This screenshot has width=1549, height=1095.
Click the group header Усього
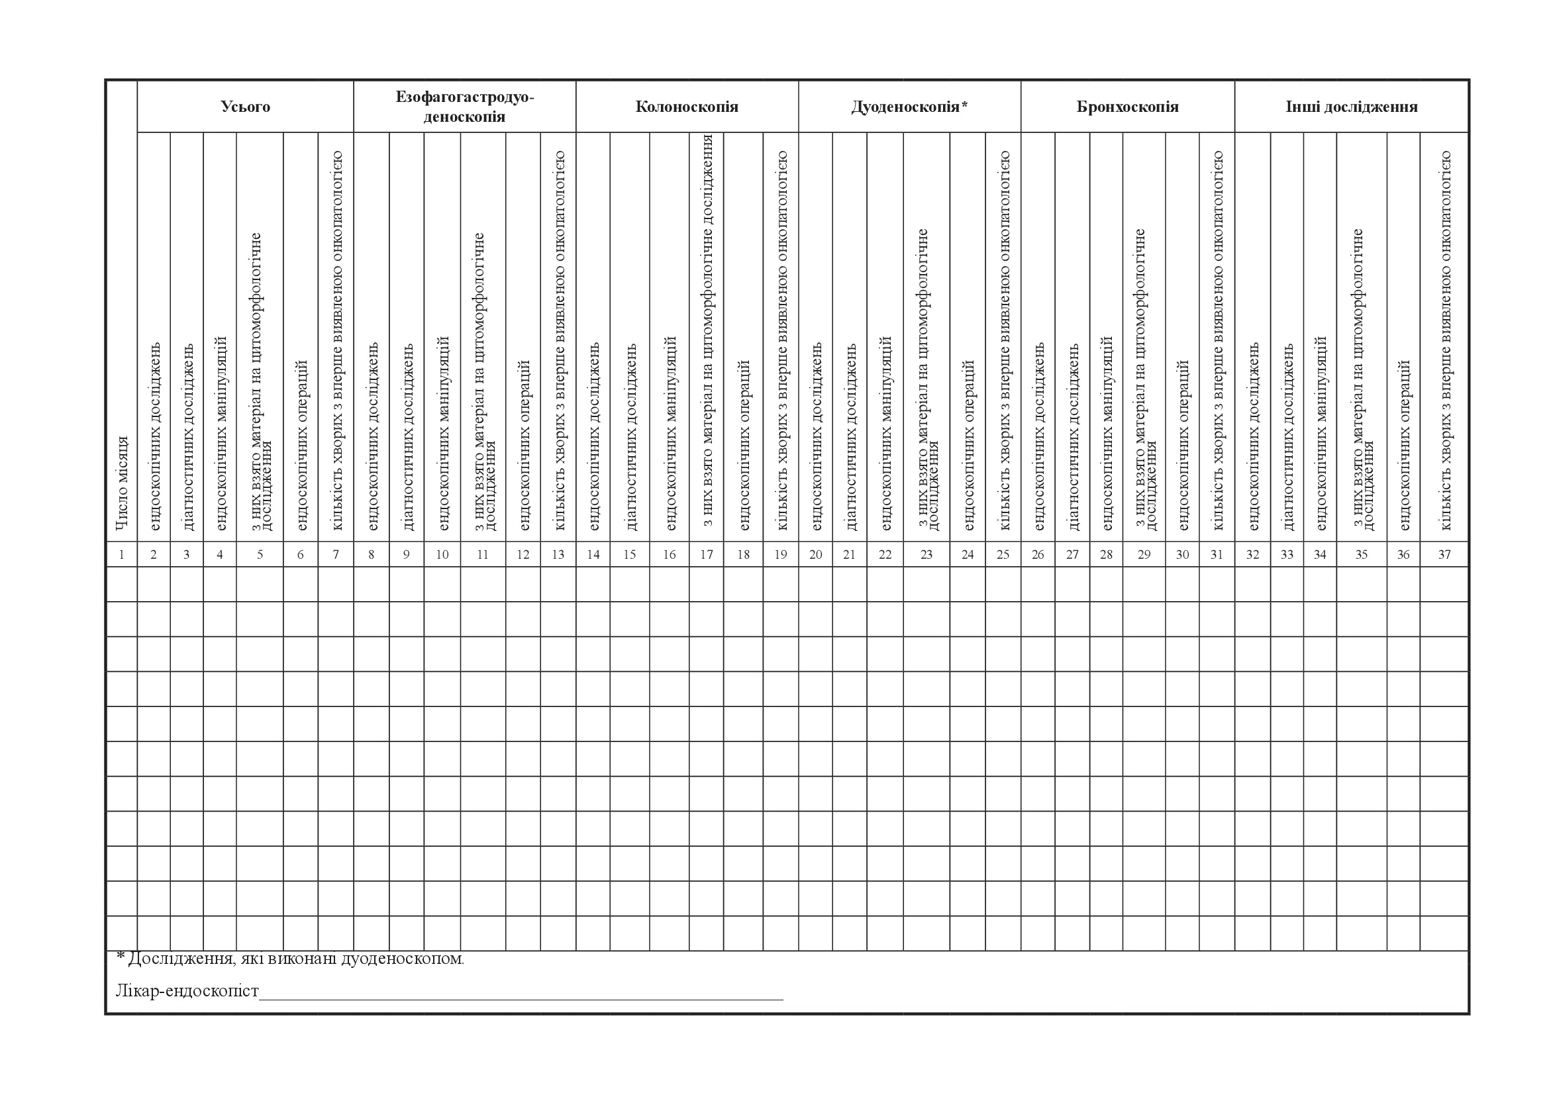tap(245, 107)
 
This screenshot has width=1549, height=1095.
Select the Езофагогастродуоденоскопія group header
tap(464, 107)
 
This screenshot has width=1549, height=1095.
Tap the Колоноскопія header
tap(687, 107)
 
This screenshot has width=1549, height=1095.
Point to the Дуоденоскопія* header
tap(909, 107)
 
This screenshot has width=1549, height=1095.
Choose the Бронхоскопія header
tap(1127, 107)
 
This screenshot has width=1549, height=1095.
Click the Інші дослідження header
tap(1352, 107)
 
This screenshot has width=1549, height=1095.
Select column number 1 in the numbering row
tap(121, 555)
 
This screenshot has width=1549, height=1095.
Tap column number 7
tap(336, 555)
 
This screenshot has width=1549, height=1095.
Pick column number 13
tap(558, 555)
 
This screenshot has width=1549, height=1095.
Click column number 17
tap(707, 555)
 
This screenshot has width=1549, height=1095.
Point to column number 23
tap(926, 555)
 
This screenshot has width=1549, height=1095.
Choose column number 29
tap(1144, 555)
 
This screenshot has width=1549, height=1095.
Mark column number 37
tap(1444, 555)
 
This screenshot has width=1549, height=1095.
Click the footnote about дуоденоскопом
tap(290, 958)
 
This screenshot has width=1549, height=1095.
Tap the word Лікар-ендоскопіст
tap(187, 990)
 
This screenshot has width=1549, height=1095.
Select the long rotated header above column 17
tap(707, 330)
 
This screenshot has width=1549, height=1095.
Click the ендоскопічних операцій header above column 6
tap(301, 445)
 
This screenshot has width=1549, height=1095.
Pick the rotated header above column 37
tap(1445, 340)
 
